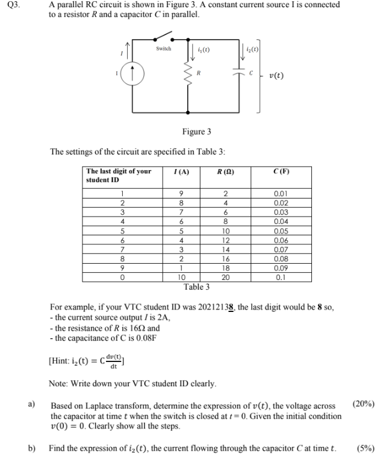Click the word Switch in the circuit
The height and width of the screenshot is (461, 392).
163,49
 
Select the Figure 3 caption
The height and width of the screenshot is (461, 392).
196,131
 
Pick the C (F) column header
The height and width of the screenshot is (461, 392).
281,172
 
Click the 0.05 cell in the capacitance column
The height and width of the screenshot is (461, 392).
281,232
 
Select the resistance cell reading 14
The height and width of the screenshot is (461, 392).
226,249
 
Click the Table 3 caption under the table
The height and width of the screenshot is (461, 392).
196,287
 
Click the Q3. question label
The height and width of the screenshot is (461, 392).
10,5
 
